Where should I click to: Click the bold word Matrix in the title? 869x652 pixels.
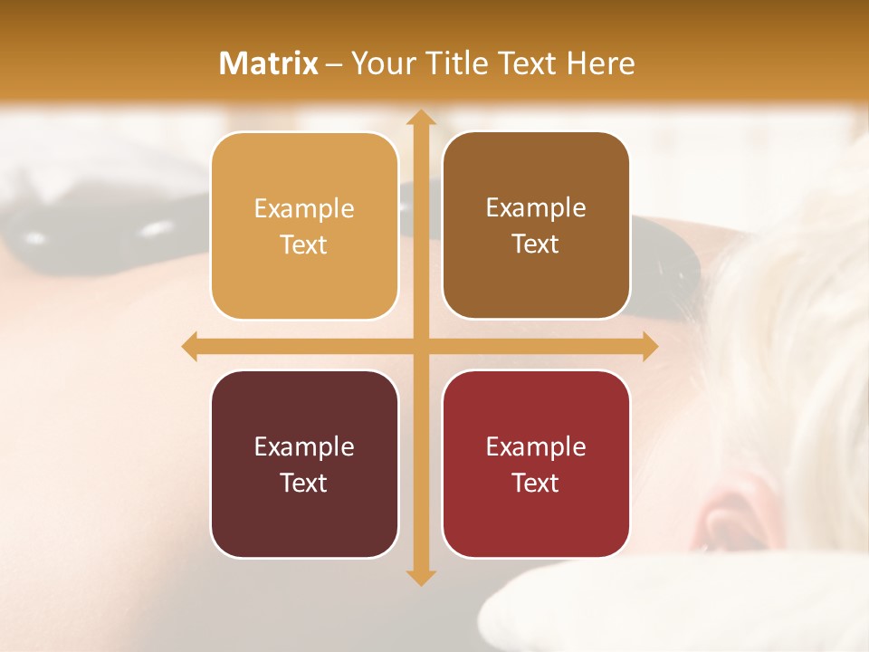[269, 63]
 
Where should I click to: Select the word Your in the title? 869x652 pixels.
[383, 63]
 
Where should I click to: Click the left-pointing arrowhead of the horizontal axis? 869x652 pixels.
[190, 347]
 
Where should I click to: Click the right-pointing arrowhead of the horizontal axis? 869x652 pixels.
[649, 347]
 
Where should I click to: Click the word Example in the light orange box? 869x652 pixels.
[304, 208]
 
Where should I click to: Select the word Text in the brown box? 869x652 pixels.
[536, 244]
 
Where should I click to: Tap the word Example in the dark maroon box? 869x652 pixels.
[304, 446]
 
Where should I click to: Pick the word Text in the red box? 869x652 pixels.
[536, 483]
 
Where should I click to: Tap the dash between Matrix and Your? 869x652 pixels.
[334, 64]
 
